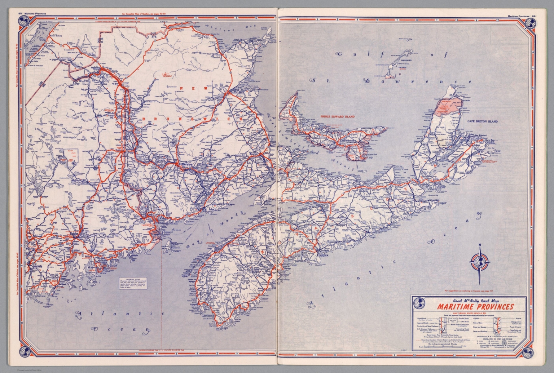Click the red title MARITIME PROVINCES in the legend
click(475, 307)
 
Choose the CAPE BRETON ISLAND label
click(482, 121)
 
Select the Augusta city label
click(40, 266)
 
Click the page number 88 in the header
click(20, 14)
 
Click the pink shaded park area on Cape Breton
click(447, 105)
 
